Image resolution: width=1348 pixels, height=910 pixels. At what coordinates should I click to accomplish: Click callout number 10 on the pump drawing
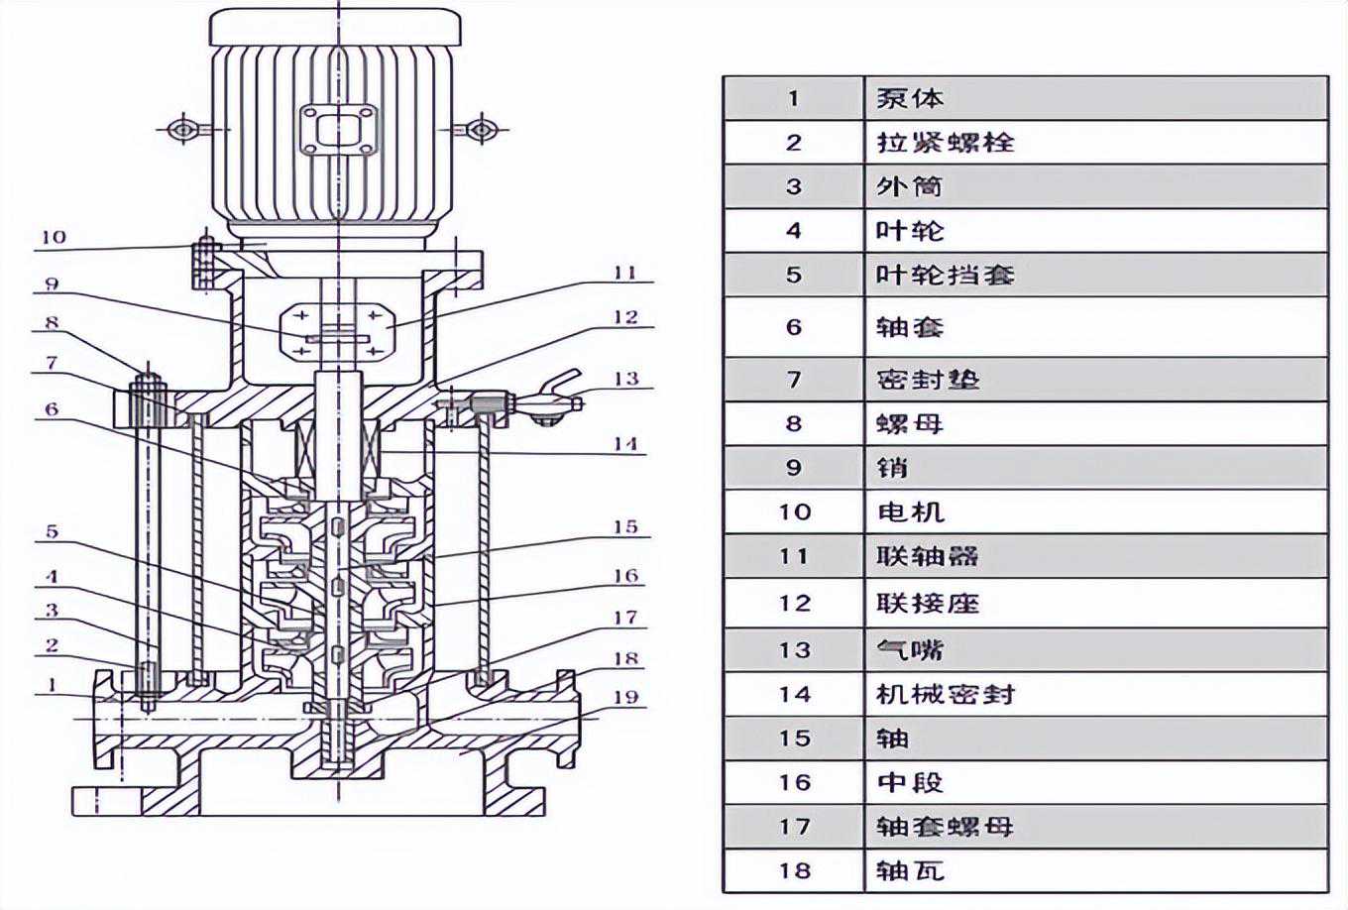[x=54, y=236]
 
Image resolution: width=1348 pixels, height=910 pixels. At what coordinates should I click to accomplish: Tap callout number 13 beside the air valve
[x=626, y=379]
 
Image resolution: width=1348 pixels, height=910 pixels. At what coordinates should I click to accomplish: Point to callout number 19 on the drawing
[x=625, y=697]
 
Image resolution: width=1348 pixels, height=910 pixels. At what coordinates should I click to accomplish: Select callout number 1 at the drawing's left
[x=53, y=684]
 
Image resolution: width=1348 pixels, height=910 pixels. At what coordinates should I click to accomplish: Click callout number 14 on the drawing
[x=624, y=443]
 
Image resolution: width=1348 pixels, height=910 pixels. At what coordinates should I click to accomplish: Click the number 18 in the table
[x=794, y=870]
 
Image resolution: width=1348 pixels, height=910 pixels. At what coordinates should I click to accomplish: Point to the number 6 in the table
[x=794, y=327]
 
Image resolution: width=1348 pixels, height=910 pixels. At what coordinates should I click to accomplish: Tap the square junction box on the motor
[x=338, y=130]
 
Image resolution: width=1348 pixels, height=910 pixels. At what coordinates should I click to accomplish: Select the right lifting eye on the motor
[x=481, y=129]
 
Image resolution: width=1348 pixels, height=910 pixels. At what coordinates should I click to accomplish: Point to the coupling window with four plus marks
[x=337, y=329]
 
